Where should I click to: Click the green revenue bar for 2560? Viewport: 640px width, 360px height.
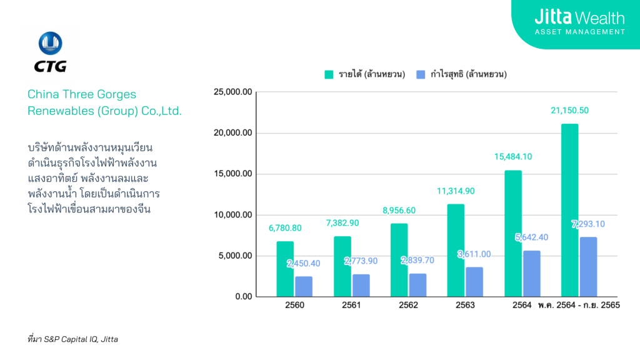[x=285, y=269]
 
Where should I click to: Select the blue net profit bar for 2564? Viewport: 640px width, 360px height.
[x=531, y=273]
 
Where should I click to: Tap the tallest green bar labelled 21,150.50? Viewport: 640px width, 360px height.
[x=569, y=210]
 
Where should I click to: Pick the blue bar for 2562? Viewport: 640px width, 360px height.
[x=417, y=284]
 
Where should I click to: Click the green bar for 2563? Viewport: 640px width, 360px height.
[x=456, y=250]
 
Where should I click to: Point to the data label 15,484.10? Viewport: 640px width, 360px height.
[x=512, y=157]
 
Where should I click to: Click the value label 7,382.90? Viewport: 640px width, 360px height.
[x=342, y=223]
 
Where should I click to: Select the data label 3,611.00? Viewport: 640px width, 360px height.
[x=476, y=254]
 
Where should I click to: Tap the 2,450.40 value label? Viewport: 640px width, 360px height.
[x=304, y=264]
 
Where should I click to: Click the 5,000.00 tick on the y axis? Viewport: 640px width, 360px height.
[x=235, y=256]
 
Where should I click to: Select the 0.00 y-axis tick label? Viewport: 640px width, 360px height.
[x=243, y=297]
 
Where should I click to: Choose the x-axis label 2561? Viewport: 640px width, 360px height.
[x=351, y=306]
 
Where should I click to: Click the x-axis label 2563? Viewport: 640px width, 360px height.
[x=465, y=306]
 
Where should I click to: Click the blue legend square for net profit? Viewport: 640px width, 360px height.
[x=420, y=74]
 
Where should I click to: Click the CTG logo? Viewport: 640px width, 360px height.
[x=51, y=52]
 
